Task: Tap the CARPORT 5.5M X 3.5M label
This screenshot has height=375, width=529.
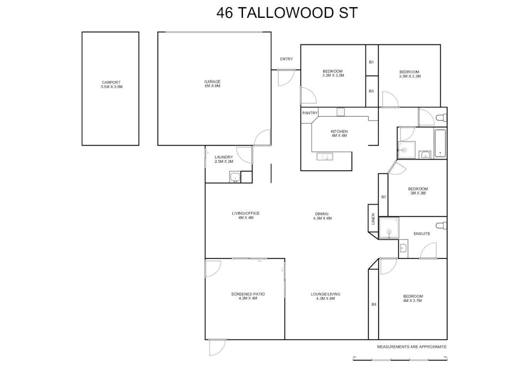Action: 111,84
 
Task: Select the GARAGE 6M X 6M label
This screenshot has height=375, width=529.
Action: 212,84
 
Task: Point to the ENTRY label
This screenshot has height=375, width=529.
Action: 286,59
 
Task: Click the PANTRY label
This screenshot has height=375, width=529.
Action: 309,113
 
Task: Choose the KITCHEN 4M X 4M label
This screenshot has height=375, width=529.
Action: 339,133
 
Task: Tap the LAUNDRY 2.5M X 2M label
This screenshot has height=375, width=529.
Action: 223,159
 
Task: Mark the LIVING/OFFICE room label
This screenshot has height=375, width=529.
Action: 245,216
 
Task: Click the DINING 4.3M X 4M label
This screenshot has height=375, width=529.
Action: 322,216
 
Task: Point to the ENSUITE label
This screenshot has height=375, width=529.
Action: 421,233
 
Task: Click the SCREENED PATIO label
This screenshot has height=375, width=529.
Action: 244,296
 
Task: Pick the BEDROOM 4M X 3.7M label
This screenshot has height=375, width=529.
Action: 413,298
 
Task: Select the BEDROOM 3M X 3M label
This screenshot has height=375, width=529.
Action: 418,191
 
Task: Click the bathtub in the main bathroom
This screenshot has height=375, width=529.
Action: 440,143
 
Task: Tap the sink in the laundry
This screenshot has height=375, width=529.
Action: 235,177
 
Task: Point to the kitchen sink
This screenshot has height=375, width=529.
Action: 325,157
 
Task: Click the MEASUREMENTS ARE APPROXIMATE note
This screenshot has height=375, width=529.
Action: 411,346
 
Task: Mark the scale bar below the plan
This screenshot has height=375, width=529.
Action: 399,360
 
